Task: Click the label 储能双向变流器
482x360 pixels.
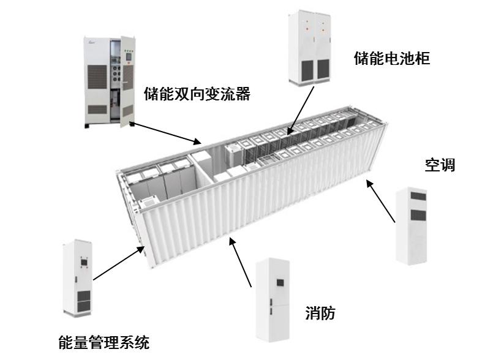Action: pyautogui.click(x=197, y=94)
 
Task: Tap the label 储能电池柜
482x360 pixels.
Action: pyautogui.click(x=392, y=59)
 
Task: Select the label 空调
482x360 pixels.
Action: pyautogui.click(x=440, y=165)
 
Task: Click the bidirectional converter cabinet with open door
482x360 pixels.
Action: pyautogui.click(x=109, y=83)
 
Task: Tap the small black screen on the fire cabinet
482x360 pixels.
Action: pyautogui.click(x=280, y=282)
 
